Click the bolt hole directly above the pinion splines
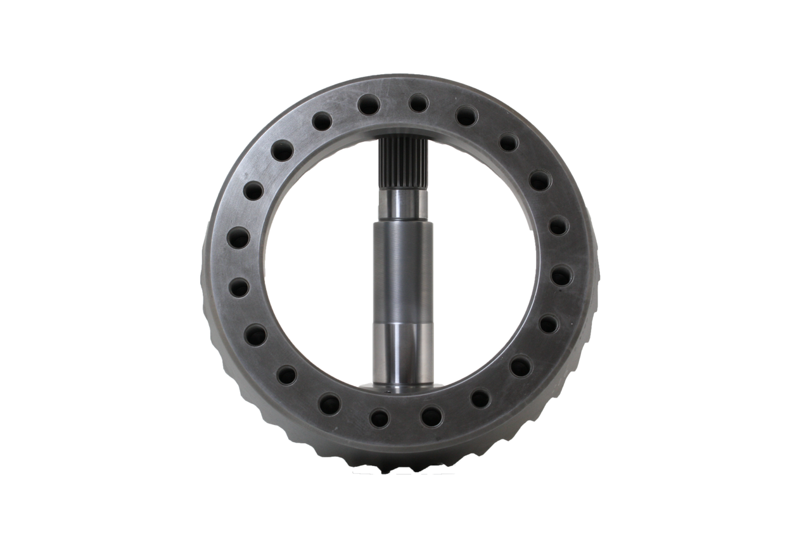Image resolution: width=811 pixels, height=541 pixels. pos(418,103)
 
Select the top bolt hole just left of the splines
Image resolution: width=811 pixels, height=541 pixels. pos(368,104)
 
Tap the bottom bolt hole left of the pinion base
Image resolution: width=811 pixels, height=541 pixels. pos(380,417)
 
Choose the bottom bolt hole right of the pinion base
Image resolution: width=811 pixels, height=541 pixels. pos(431,416)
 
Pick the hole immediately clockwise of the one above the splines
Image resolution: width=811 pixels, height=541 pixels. pos(466,115)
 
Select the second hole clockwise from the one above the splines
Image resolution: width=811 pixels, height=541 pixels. pos(508,142)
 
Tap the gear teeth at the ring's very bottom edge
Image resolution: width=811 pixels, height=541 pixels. pos(405,468)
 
